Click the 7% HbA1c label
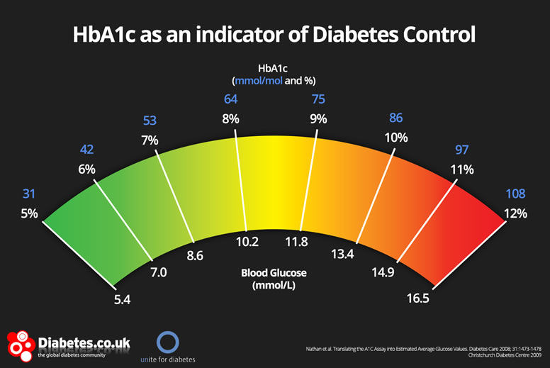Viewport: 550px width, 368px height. click(x=150, y=140)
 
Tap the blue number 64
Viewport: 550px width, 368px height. click(x=231, y=99)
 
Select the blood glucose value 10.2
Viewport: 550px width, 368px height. click(x=247, y=242)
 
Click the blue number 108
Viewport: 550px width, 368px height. click(x=515, y=194)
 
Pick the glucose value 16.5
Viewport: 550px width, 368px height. click(x=437, y=299)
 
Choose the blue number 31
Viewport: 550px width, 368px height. click(x=28, y=194)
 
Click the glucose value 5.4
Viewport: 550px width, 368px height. click(x=123, y=299)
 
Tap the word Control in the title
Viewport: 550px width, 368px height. click(x=438, y=35)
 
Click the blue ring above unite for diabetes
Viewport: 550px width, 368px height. click(x=168, y=340)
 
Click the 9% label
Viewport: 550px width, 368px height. click(x=318, y=119)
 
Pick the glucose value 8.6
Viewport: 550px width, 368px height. click(x=194, y=255)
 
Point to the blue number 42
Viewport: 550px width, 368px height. click(x=86, y=150)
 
